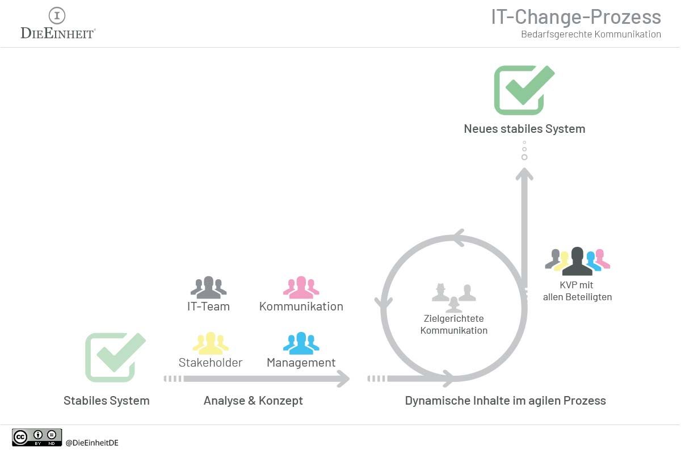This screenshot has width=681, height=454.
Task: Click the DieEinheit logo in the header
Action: (x=57, y=23)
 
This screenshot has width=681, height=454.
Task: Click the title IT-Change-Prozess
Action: (x=575, y=16)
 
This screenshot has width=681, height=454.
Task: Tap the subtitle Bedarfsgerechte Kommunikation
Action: (x=591, y=35)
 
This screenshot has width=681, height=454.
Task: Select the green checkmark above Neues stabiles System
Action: (x=523, y=90)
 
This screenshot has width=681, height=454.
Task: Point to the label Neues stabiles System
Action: (x=524, y=129)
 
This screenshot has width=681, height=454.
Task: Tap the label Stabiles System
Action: (x=107, y=401)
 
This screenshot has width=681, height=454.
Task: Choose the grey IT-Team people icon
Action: (x=208, y=288)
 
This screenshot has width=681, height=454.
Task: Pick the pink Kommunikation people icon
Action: (x=301, y=288)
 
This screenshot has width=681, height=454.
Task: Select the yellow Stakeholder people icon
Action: (x=211, y=343)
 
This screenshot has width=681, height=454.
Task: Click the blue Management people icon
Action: (x=301, y=343)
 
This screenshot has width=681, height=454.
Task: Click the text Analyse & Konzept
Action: (x=253, y=401)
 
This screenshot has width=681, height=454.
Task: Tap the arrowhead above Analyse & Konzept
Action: (x=342, y=379)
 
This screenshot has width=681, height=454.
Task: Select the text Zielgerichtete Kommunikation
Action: (x=453, y=325)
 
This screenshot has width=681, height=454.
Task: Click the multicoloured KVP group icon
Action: (x=577, y=260)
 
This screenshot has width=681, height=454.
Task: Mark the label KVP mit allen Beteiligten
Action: (x=577, y=291)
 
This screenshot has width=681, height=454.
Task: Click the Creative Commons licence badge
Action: (x=37, y=437)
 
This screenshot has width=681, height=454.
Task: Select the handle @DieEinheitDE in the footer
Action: (x=92, y=443)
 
